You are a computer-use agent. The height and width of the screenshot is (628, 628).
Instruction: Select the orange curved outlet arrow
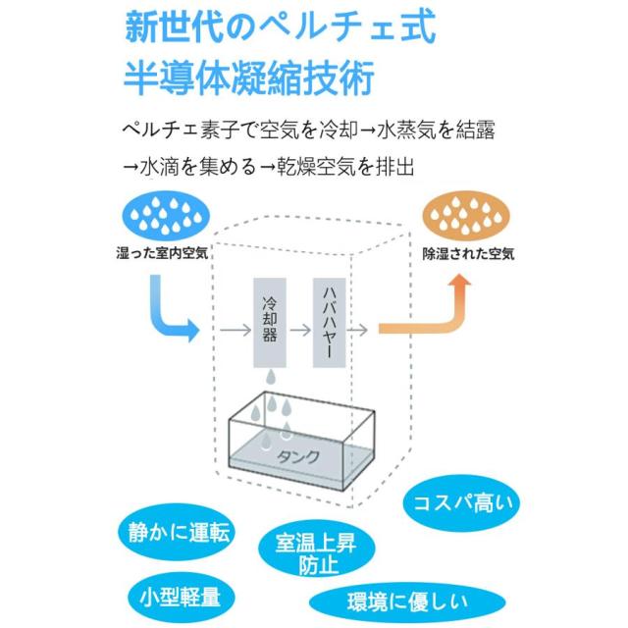(432, 314)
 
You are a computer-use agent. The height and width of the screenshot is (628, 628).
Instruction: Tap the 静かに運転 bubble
(180, 533)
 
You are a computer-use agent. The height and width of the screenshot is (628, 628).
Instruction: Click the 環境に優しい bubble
(408, 600)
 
